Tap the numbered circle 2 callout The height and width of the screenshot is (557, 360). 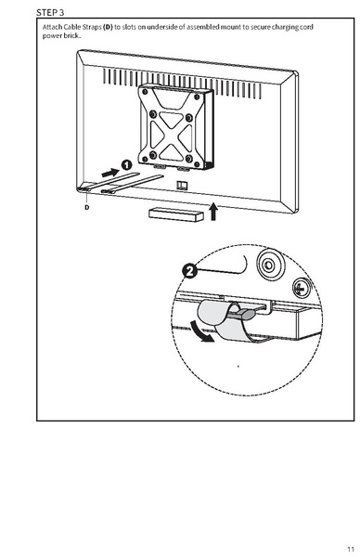(x=190, y=272)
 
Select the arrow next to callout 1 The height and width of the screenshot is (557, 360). (x=108, y=173)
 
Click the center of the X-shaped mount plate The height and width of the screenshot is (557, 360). (x=171, y=125)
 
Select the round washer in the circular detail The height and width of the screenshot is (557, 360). (x=267, y=263)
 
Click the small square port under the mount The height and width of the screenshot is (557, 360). (x=182, y=185)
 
